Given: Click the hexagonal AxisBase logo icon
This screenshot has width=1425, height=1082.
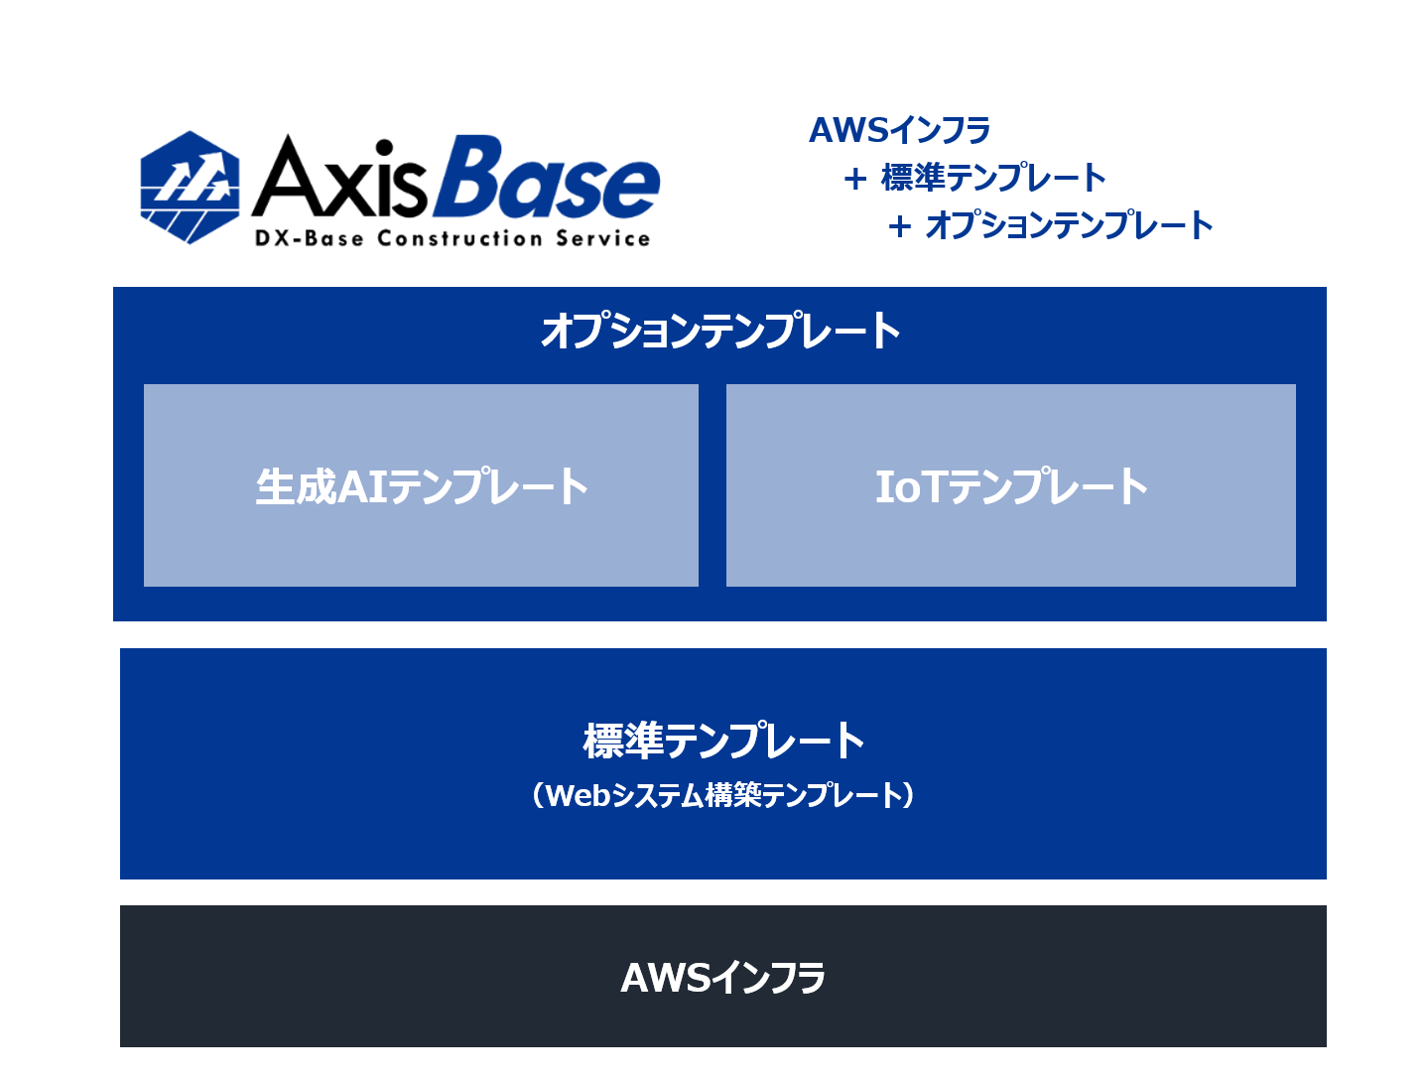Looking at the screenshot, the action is (189, 187).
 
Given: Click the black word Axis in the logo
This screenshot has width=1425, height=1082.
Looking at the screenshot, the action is (338, 176).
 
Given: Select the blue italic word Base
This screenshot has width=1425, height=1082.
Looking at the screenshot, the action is (547, 177).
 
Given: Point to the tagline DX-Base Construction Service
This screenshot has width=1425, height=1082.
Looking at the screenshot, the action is (452, 238).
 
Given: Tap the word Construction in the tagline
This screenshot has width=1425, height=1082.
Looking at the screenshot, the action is (459, 238).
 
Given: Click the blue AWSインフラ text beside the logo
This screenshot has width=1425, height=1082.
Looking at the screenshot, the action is (899, 130).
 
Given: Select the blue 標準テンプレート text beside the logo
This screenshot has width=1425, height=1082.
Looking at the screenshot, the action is (992, 178).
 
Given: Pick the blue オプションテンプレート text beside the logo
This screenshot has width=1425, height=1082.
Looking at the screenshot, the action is (1069, 224).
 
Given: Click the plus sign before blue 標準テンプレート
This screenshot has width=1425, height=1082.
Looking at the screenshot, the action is (855, 179).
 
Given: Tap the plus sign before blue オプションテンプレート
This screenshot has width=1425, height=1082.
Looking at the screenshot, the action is (899, 226).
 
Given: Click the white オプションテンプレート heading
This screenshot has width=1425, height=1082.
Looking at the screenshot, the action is (720, 330).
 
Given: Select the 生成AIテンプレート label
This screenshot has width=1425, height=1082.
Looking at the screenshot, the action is (422, 485).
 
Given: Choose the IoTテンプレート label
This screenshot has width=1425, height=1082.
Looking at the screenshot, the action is (1011, 485).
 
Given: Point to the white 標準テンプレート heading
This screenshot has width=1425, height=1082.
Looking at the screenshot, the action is (722, 740).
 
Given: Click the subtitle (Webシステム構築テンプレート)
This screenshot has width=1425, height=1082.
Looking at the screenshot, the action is (722, 795).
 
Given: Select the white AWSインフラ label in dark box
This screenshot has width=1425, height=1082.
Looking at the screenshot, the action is (722, 977).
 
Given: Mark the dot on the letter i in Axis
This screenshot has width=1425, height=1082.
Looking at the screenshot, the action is (384, 148).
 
